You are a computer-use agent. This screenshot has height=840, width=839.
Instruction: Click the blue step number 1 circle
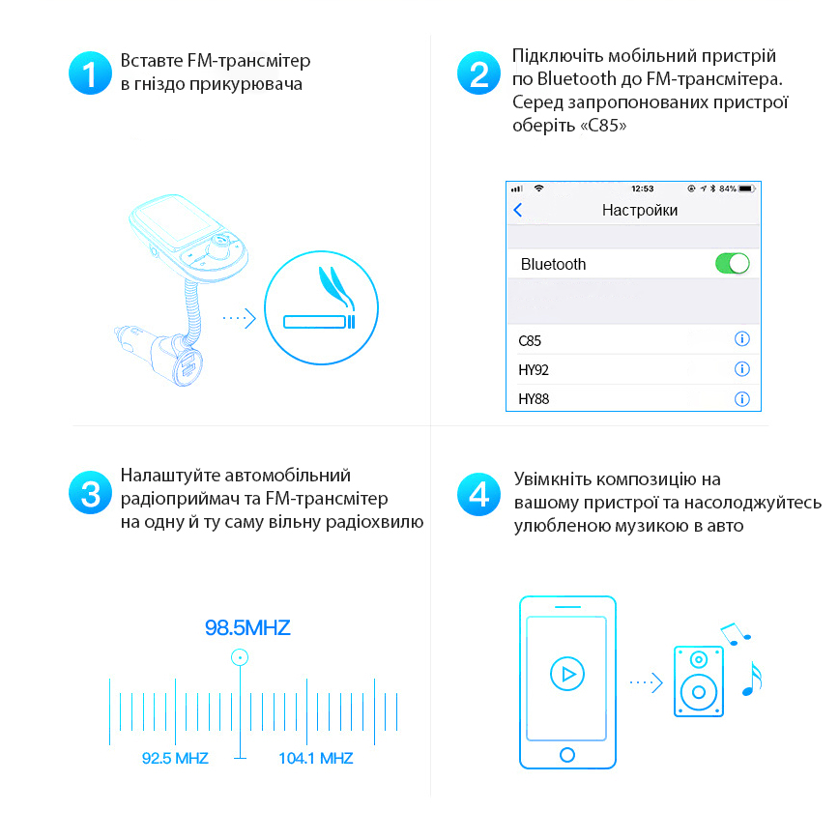coord(90,72)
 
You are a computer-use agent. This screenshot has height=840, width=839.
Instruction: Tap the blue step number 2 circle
coord(478,72)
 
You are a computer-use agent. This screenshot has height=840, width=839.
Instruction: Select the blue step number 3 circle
coord(90,492)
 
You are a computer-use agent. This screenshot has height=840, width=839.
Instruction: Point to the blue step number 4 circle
coord(478,495)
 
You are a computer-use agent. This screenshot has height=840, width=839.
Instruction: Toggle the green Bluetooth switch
coord(733,264)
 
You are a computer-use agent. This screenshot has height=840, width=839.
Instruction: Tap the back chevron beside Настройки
coord(517,210)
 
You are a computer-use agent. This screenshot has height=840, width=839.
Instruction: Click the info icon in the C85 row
coord(742,338)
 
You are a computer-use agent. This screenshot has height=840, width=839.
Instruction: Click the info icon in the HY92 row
coord(742,368)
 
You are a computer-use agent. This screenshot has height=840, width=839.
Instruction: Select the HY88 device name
coord(534,399)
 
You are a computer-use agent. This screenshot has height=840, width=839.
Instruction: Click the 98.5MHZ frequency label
coord(247,627)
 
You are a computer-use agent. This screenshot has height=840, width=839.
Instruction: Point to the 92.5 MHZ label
coord(175,758)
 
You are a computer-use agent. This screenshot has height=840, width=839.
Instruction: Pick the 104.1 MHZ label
coord(316,758)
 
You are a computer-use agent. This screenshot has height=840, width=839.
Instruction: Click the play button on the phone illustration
coord(567,674)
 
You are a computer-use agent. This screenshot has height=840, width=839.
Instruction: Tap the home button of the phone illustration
coord(567,755)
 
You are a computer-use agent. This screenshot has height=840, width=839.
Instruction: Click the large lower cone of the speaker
coord(699,692)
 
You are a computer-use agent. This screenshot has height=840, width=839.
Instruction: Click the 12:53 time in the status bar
coord(643,188)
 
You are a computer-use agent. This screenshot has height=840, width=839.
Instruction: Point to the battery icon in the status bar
coord(746,188)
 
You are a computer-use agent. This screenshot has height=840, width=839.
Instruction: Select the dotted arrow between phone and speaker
coord(647,682)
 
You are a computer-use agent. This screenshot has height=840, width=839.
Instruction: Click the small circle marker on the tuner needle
coord(240,657)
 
